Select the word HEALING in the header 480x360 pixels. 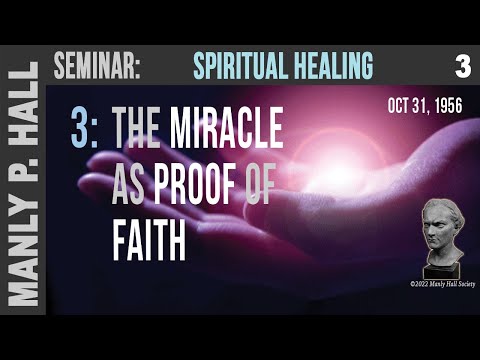331,66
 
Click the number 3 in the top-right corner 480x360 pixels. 461,66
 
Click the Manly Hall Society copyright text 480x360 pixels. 435,284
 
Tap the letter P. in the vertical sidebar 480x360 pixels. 21,171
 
